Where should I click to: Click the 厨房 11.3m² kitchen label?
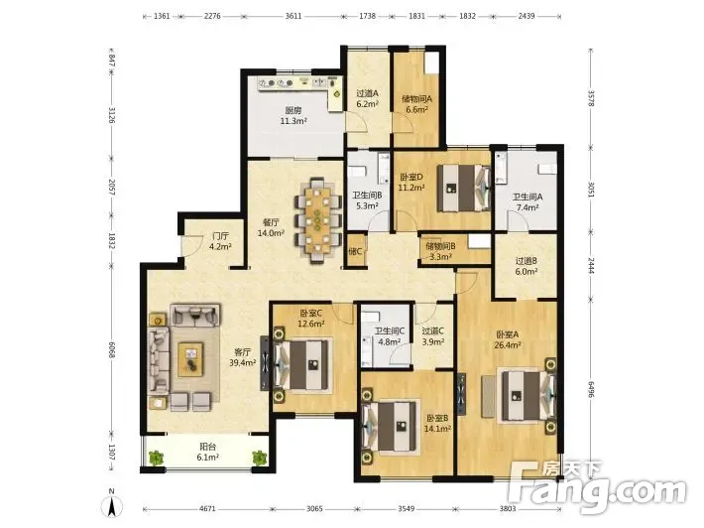tap(293, 115)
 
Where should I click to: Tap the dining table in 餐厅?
tap(317, 219)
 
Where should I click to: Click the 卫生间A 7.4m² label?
tap(528, 202)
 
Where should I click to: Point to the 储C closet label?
tap(355, 251)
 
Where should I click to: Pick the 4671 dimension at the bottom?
tap(207, 509)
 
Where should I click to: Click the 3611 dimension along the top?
tap(293, 16)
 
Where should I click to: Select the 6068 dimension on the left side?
tap(112, 348)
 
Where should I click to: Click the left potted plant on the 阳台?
tap(156, 458)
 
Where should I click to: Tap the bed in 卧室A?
tap(528, 395)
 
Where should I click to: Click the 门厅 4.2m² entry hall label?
tap(220, 241)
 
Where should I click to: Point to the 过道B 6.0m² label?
tap(527, 266)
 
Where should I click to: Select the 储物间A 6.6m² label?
tap(416, 104)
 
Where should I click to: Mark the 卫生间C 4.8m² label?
tap(390, 336)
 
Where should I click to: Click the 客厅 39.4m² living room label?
tap(243, 357)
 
